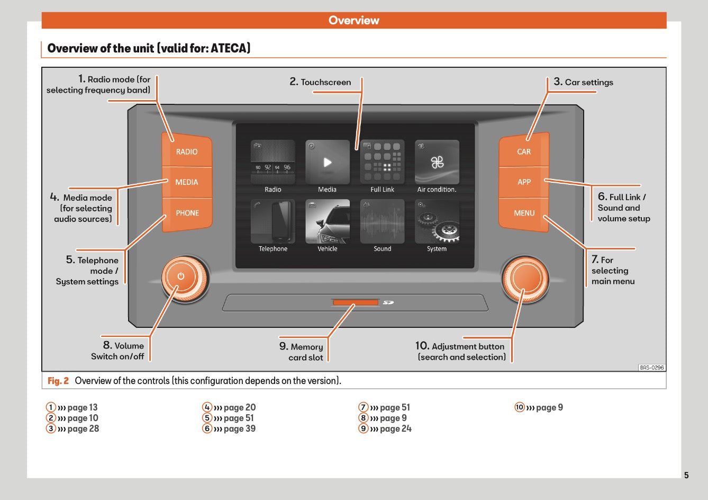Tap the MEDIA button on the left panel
pyautogui.click(x=187, y=182)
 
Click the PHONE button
pyautogui.click(x=187, y=213)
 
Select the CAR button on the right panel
pyautogui.click(x=524, y=152)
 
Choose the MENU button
pyautogui.click(x=524, y=213)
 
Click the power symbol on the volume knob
pyautogui.click(x=181, y=276)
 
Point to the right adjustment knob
pyautogui.click(x=525, y=278)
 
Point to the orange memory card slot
pyautogui.click(x=355, y=302)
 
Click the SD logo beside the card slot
pyautogui.click(x=388, y=302)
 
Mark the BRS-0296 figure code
pyautogui.click(x=651, y=368)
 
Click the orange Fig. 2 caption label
pyautogui.click(x=58, y=381)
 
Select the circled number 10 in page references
pyautogui.click(x=520, y=407)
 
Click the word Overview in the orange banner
pyautogui.click(x=353, y=21)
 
